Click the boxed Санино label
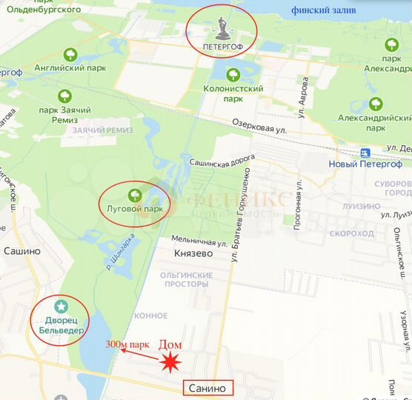208,387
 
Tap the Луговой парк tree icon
134,196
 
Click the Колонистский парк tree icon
233,74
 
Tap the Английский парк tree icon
71,54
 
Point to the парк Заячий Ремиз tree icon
65,96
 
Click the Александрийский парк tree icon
376,104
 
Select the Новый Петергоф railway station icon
365,152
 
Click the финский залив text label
324,10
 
